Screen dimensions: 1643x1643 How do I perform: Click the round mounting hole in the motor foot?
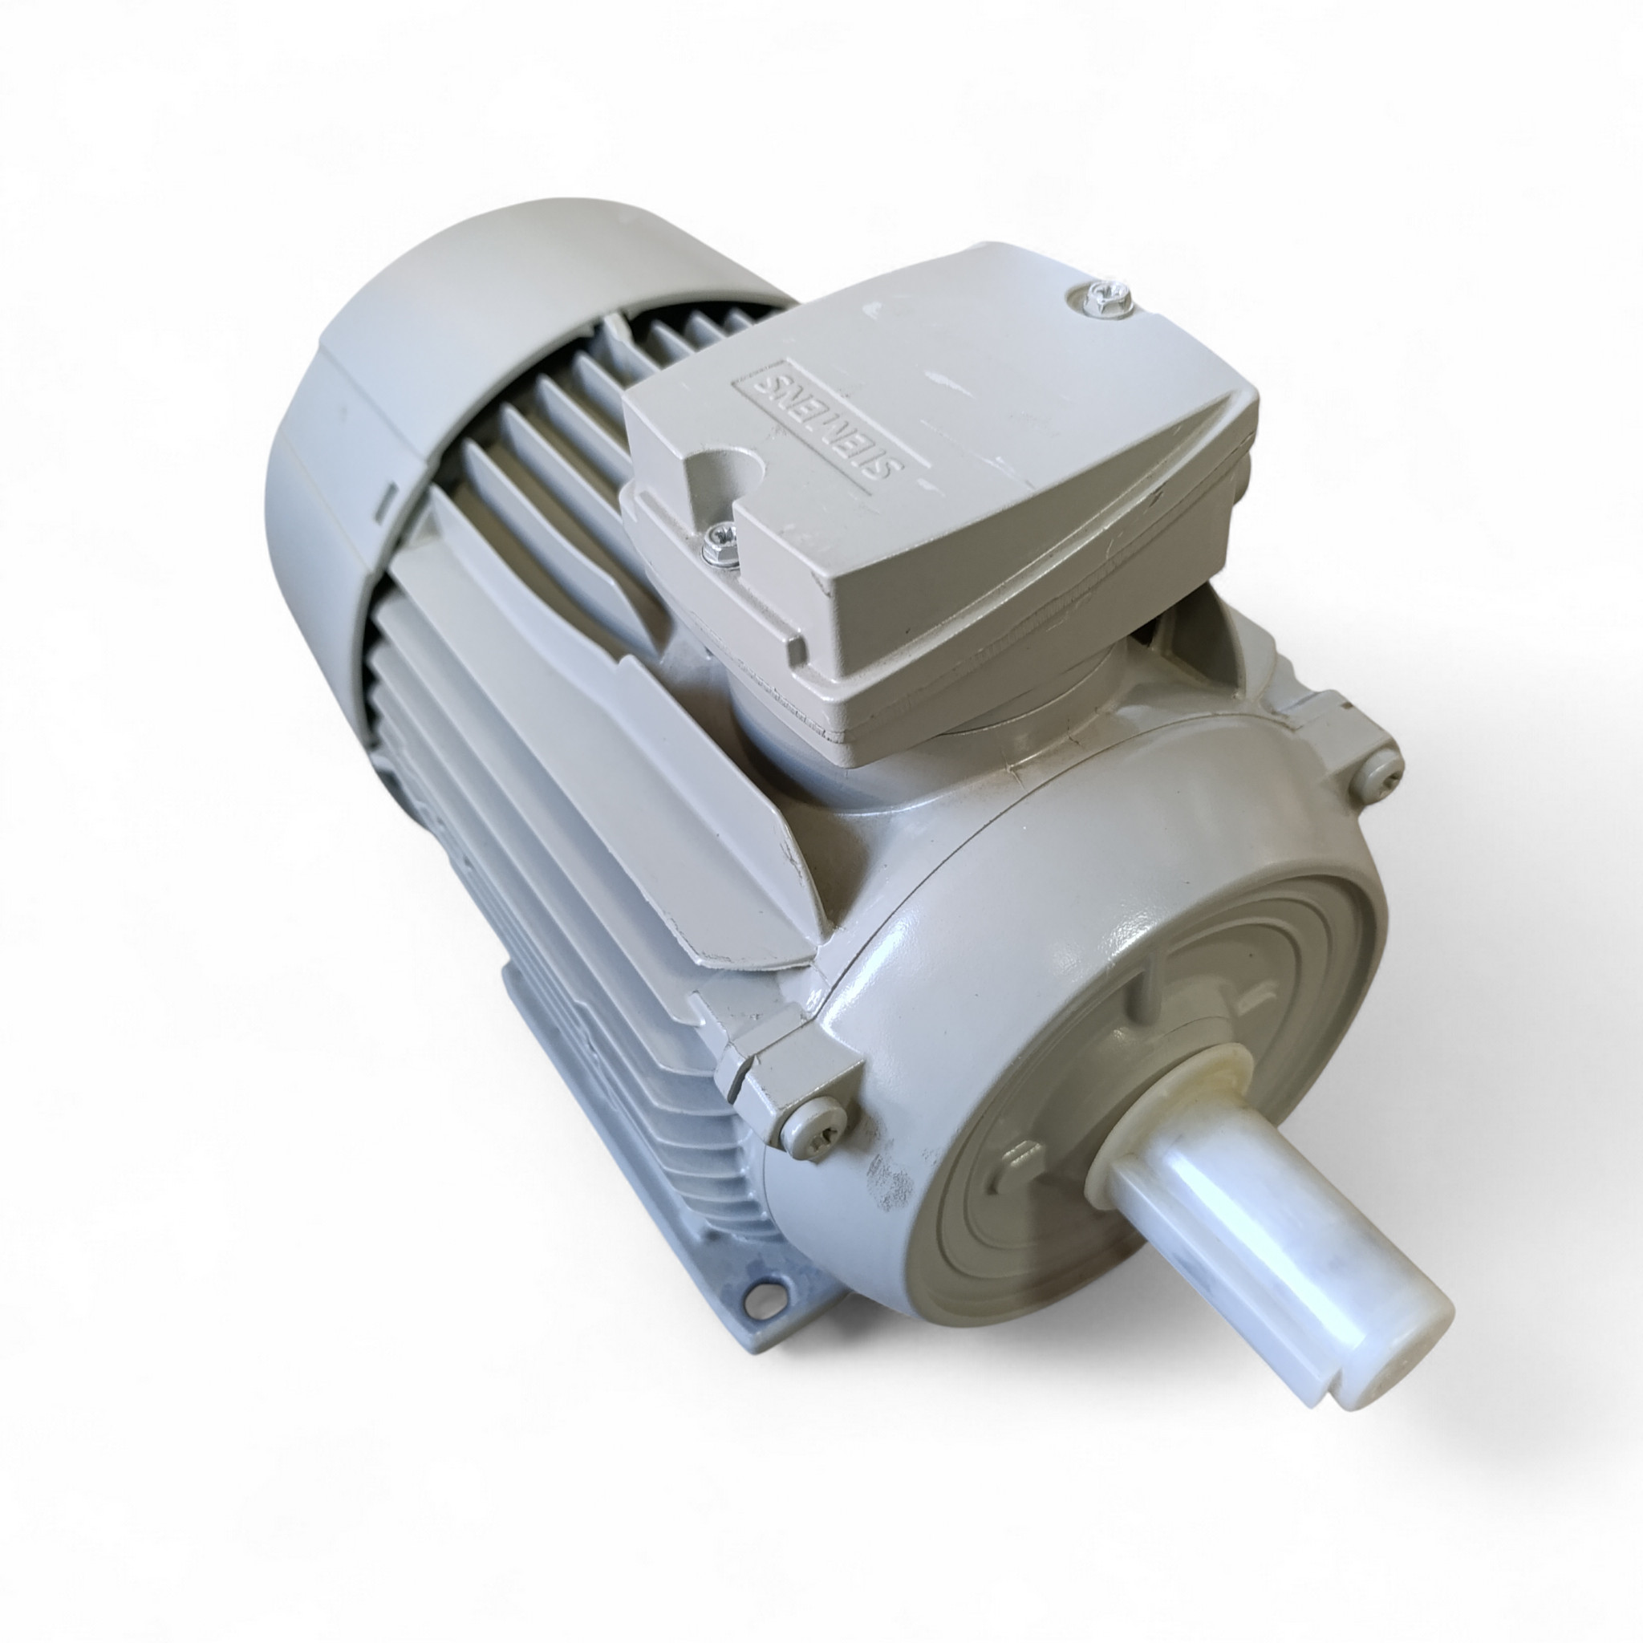click(x=760, y=1319)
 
